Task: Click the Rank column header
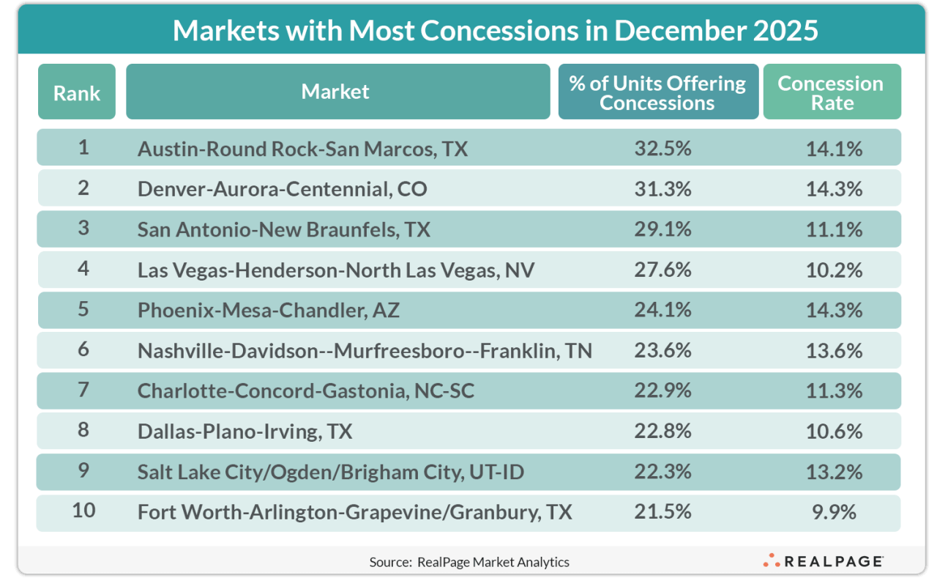pos(77,92)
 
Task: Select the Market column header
pos(335,92)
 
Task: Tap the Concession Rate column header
pos(831,92)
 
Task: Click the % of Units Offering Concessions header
pos(657,92)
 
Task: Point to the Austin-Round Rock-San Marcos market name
pos(302,149)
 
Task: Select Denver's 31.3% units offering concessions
pos(663,189)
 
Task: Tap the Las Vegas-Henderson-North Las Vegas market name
pos(336,270)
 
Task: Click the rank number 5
pos(83,309)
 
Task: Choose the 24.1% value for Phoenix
pos(663,310)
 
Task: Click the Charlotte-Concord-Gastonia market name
pos(306,391)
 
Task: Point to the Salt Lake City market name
pos(331,472)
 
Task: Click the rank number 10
pos(83,510)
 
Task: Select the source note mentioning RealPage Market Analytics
pos(469,562)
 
